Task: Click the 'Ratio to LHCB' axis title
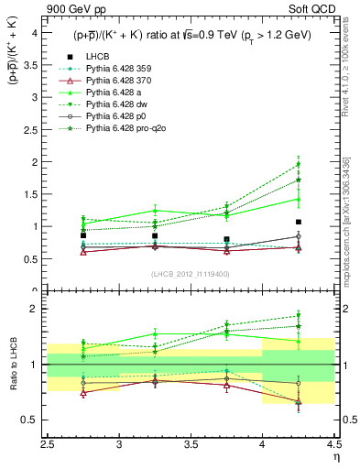point(11,365)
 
